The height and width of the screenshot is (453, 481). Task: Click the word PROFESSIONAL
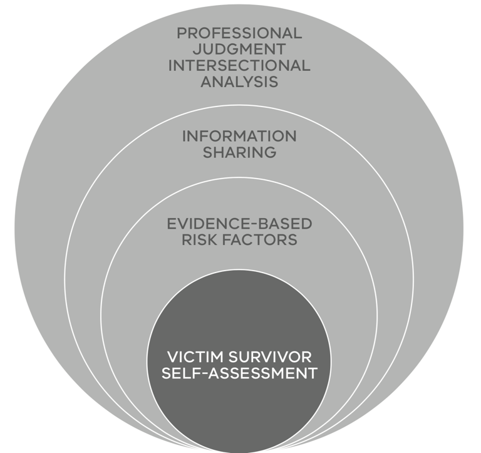click(239, 33)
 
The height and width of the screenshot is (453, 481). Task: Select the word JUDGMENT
click(239, 49)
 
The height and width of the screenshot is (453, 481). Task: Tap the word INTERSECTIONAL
click(239, 65)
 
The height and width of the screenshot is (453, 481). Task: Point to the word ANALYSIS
click(239, 81)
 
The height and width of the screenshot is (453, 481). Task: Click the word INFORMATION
click(239, 136)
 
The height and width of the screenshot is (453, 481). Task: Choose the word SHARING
click(239, 152)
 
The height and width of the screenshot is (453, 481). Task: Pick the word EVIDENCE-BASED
click(239, 224)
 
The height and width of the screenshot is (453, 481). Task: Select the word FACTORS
click(262, 240)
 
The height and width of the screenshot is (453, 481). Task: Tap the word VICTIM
click(194, 357)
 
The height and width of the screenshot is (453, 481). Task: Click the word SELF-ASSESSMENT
click(239, 373)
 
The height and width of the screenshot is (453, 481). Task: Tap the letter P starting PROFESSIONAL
click(181, 33)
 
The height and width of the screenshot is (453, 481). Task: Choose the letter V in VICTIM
click(172, 357)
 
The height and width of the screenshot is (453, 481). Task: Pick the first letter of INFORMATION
click(184, 136)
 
